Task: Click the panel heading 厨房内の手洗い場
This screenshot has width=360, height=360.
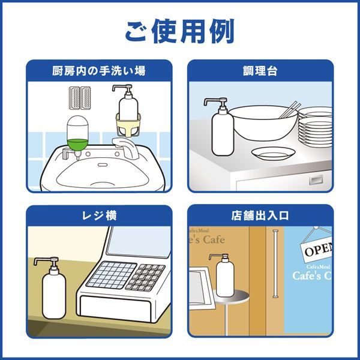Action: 99,71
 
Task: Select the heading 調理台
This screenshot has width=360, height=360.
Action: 261,71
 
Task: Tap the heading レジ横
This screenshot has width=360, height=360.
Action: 99,216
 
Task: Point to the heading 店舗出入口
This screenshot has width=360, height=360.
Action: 261,216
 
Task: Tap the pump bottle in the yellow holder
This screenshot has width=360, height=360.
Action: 128,112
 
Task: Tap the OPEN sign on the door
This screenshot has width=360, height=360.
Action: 316,248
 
